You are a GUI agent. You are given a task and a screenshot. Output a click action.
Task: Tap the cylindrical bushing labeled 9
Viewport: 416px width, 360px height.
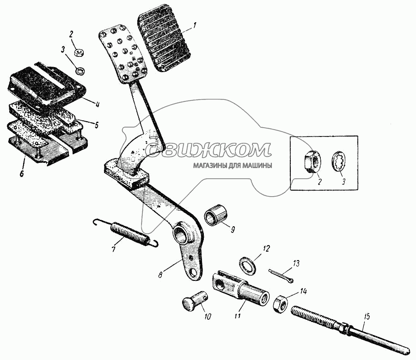tap(216, 215)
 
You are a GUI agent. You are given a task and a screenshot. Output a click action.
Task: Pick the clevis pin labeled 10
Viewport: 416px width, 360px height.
tap(195, 301)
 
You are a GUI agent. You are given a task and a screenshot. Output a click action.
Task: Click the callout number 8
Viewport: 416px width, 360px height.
tap(160, 274)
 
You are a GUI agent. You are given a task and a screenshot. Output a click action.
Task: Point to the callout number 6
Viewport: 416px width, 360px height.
tap(21, 174)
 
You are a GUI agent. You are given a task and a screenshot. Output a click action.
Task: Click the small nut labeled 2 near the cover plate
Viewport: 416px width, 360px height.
tap(79, 52)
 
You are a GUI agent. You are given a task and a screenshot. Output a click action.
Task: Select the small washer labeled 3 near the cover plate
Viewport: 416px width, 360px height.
tap(80, 71)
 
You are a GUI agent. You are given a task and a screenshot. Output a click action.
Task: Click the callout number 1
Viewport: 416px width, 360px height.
tap(195, 26)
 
